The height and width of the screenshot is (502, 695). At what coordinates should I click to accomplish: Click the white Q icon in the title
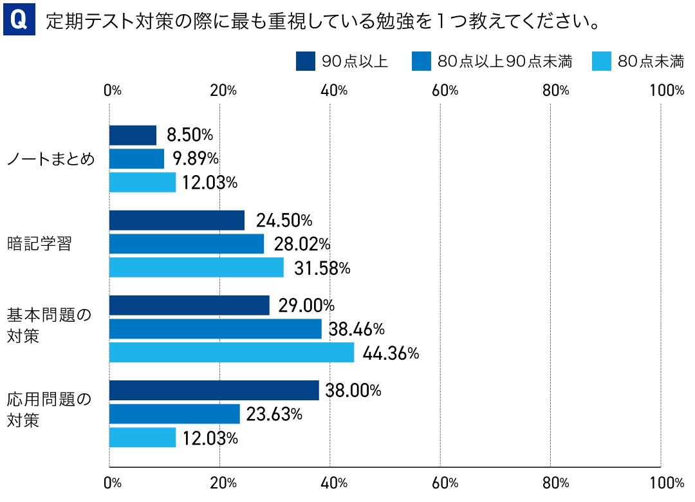[19, 21]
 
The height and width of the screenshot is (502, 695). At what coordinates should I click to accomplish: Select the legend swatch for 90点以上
[304, 61]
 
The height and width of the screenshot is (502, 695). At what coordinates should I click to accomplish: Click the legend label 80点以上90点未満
[505, 62]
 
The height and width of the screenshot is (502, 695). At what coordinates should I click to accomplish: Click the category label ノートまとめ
[51, 159]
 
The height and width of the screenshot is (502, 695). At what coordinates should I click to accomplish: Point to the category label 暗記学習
[39, 244]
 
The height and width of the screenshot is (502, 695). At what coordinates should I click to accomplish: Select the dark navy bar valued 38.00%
[214, 391]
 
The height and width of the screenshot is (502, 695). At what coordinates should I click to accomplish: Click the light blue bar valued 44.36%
[232, 353]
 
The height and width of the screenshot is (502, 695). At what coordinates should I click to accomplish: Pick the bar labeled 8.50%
[133, 136]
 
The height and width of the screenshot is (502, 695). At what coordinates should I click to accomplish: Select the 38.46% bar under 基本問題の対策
[216, 329]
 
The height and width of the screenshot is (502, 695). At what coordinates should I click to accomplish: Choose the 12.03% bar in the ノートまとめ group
[142, 183]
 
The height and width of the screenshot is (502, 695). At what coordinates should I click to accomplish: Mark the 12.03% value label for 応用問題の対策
[210, 438]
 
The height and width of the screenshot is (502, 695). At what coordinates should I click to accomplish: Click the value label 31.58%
[322, 268]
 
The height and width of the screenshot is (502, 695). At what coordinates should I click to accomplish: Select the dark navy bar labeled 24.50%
[177, 221]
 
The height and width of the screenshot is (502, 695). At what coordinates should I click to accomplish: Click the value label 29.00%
[306, 306]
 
